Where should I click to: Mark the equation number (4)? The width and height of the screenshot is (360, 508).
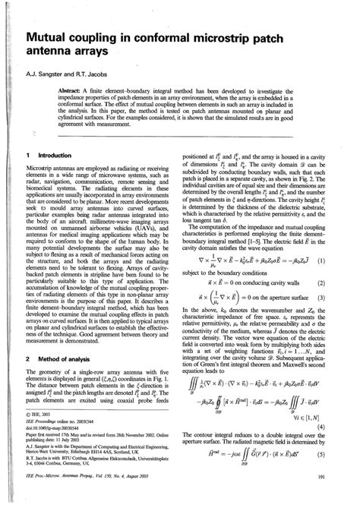342,405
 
